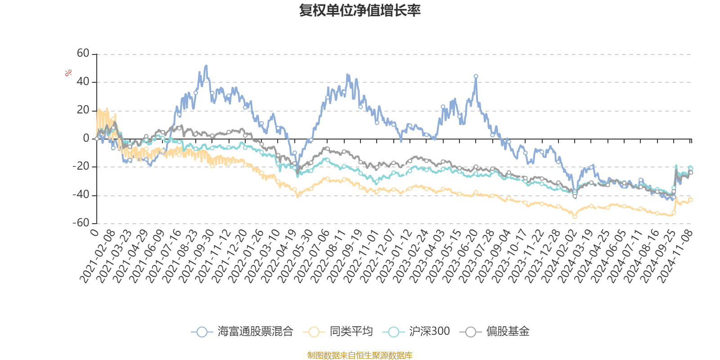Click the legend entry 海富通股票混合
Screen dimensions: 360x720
click(x=255, y=332)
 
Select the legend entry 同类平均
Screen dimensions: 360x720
click(x=351, y=332)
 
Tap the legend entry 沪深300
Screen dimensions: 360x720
click(x=429, y=332)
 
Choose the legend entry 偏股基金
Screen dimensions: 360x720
click(x=508, y=332)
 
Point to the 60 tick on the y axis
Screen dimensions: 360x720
click(x=83, y=54)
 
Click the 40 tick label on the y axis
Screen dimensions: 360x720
click(x=83, y=82)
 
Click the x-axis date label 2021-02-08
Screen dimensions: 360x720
click(x=98, y=256)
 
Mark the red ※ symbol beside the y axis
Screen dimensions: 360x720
click(x=68, y=73)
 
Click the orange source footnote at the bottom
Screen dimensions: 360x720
click(x=360, y=355)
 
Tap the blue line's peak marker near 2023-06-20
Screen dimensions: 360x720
click(x=476, y=76)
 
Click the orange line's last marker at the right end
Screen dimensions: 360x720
click(x=691, y=200)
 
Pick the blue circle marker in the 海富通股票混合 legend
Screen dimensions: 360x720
click(x=202, y=332)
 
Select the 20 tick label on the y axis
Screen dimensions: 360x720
click(x=83, y=110)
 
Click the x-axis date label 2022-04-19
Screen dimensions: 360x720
click(x=280, y=256)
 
